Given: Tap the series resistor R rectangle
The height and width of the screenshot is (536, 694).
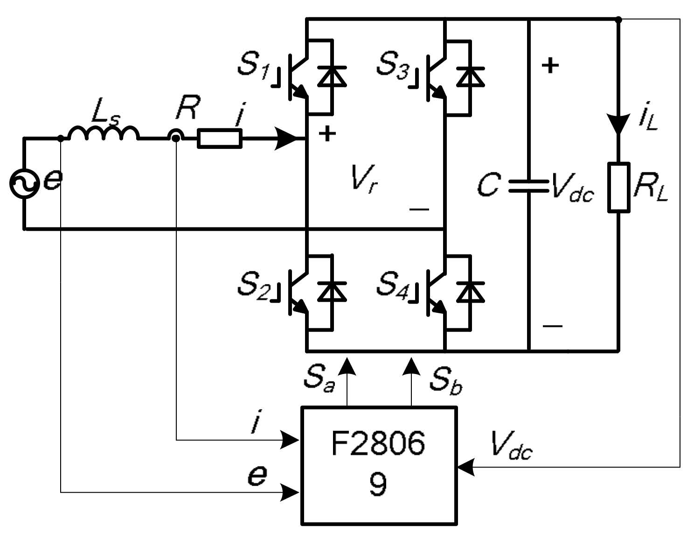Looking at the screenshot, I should coord(220,139).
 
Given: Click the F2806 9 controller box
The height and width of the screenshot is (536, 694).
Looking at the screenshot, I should coord(379,465).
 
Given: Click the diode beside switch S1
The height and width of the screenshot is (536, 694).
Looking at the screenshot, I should coord(332,77).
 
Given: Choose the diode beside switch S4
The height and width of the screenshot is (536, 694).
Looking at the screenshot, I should coord(470,292).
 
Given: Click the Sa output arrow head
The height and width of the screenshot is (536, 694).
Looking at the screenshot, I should coord(347,367).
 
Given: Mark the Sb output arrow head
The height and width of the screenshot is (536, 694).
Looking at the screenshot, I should coord(411,367).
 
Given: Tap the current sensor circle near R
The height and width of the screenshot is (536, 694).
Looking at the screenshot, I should coord(176,137).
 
